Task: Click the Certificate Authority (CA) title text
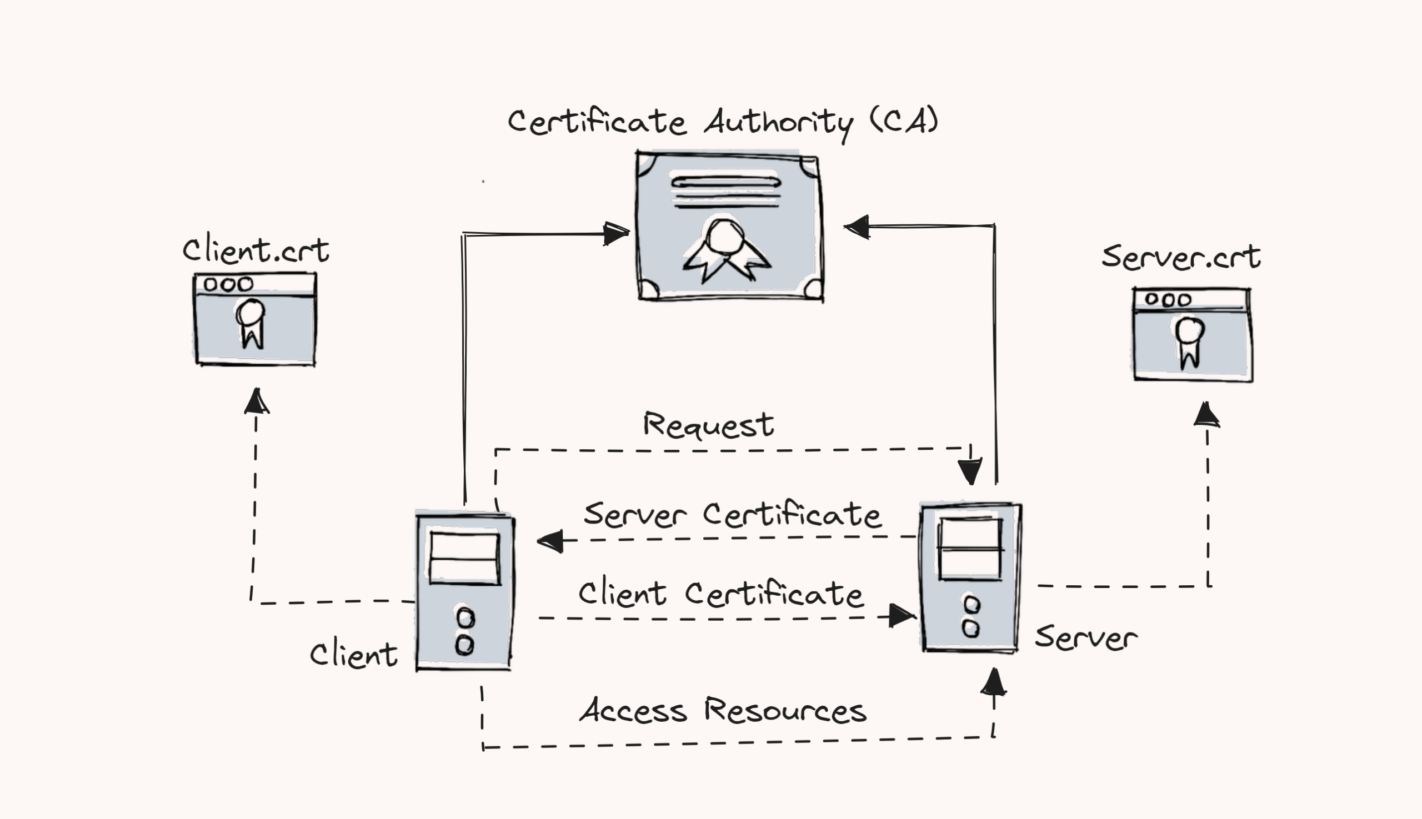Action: (x=723, y=122)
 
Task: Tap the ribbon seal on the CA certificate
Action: (x=726, y=248)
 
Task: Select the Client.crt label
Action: (x=256, y=251)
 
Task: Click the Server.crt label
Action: (x=1180, y=258)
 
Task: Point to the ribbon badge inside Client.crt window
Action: (x=251, y=323)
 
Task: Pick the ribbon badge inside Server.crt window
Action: (x=1189, y=341)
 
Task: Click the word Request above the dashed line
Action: (x=708, y=425)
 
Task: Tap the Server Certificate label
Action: (x=732, y=514)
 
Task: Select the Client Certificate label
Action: (x=720, y=594)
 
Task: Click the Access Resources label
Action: (x=723, y=710)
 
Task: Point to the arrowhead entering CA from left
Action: (x=615, y=233)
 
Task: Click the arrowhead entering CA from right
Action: (x=857, y=227)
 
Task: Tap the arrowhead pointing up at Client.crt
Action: (x=257, y=401)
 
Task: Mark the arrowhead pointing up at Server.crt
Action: (x=1206, y=415)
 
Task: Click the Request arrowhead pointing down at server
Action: (x=970, y=471)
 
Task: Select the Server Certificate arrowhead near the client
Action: (x=550, y=541)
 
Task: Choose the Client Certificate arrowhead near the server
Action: (x=902, y=616)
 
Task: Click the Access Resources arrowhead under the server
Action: (x=994, y=682)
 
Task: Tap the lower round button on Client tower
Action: (x=464, y=645)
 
